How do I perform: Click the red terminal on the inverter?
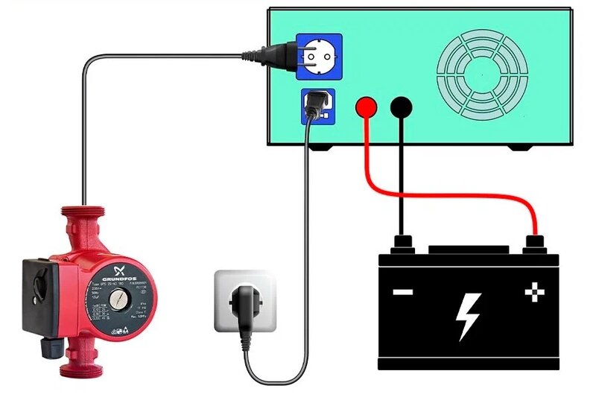(366, 107)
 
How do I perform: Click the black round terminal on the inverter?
(402, 107)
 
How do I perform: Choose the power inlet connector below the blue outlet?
(317, 105)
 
